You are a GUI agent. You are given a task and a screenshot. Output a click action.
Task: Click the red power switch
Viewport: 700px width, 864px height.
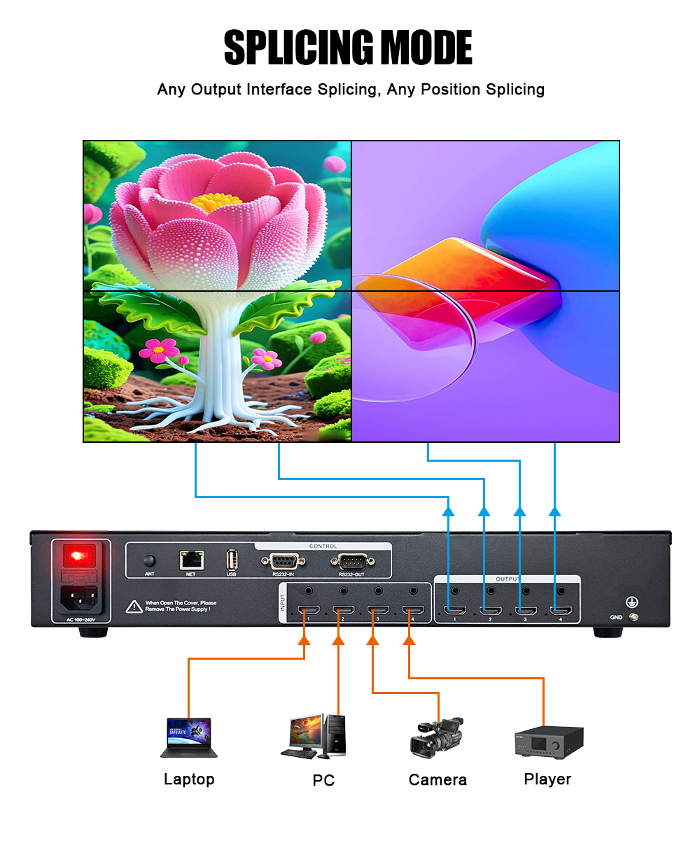(x=79, y=556)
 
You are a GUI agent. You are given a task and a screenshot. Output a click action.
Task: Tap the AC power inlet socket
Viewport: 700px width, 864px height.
(x=79, y=597)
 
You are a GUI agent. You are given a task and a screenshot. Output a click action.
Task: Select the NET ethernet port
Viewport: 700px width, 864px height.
(x=191, y=560)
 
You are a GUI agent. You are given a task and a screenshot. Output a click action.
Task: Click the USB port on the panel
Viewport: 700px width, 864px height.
(x=232, y=560)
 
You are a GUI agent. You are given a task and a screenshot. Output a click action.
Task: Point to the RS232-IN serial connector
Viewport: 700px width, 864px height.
(x=283, y=561)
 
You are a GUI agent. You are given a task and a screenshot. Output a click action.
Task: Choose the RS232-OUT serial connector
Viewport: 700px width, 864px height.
(x=351, y=561)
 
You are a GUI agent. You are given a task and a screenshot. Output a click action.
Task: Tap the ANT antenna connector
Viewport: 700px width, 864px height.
(x=149, y=560)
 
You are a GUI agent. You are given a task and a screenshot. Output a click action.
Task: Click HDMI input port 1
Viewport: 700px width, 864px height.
(x=308, y=610)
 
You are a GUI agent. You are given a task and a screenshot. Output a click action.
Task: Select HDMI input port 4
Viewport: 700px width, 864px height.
(x=413, y=610)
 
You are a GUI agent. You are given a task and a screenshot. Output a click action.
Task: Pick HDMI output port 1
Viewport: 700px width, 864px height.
(x=455, y=611)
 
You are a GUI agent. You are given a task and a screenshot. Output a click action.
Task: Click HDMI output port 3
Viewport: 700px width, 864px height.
(x=526, y=611)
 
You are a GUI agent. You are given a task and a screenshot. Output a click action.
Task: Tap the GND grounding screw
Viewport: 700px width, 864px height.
(x=633, y=616)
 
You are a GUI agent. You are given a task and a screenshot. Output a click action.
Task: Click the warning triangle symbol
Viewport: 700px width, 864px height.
(x=134, y=607)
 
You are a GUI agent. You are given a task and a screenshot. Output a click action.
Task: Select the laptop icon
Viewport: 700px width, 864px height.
(x=189, y=737)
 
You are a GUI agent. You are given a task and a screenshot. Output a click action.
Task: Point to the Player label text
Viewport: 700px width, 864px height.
(x=547, y=779)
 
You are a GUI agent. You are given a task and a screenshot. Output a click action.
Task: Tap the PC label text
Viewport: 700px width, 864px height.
(x=323, y=780)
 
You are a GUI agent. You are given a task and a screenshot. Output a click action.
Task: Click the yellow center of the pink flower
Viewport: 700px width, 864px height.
(x=216, y=202)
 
